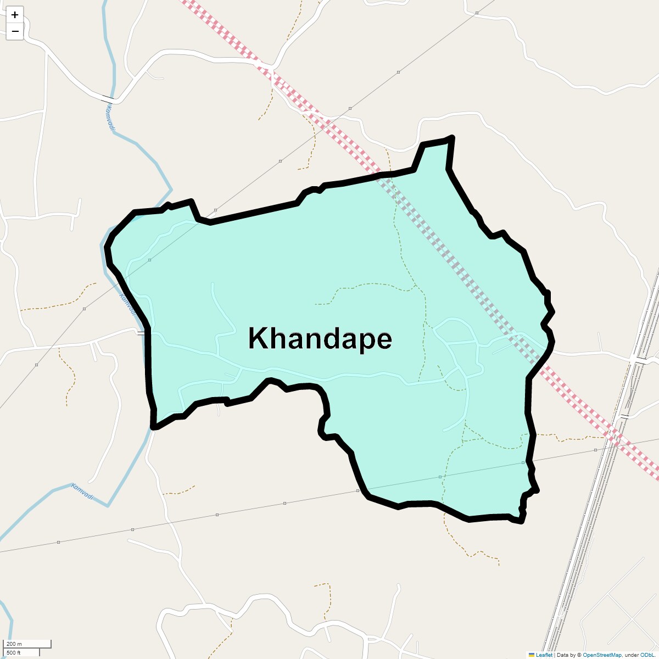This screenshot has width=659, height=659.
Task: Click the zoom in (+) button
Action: pyautogui.click(x=15, y=15)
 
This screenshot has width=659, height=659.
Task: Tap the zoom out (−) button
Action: pyautogui.click(x=15, y=31)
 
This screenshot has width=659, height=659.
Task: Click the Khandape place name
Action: pyautogui.click(x=320, y=338)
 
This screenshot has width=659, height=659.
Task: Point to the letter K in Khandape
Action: pyautogui.click(x=258, y=338)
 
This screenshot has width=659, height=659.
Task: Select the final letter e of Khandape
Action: pyautogui.click(x=384, y=340)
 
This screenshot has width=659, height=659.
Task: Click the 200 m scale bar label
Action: pyautogui.click(x=14, y=644)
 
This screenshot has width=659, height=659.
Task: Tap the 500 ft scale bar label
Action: pyautogui.click(x=14, y=652)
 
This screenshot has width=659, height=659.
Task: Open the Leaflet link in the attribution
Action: pyautogui.click(x=544, y=655)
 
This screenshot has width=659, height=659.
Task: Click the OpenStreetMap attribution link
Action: pyautogui.click(x=602, y=655)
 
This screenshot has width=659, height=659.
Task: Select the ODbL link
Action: pyautogui.click(x=646, y=655)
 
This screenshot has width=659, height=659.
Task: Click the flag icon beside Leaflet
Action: pyautogui.click(x=532, y=655)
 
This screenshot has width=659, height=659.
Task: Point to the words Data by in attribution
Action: pyautogui.click(x=566, y=655)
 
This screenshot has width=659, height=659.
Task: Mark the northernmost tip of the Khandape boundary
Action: pyautogui.click(x=451, y=137)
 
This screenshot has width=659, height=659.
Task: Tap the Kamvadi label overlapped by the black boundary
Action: pyautogui.click(x=128, y=304)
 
